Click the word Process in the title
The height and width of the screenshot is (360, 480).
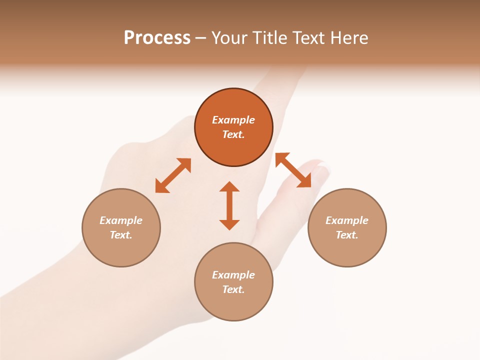tap(157, 37)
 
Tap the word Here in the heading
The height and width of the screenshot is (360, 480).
tap(348, 37)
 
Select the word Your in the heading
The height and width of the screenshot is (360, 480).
tap(229, 37)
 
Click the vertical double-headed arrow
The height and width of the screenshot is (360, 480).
tap(229, 205)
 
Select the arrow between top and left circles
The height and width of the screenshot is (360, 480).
tap(173, 175)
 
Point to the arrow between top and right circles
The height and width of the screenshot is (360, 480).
tap(293, 170)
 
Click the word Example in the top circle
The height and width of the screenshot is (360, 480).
tap(233, 120)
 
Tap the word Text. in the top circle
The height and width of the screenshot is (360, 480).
tap(233, 134)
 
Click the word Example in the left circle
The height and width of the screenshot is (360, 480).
tap(121, 220)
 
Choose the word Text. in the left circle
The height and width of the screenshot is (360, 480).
tap(121, 235)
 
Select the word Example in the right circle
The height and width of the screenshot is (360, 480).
tap(347, 220)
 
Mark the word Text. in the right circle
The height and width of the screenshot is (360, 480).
tap(347, 235)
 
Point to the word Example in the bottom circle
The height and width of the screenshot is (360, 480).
tap(233, 275)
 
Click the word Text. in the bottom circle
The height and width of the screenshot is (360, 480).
tap(233, 289)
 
